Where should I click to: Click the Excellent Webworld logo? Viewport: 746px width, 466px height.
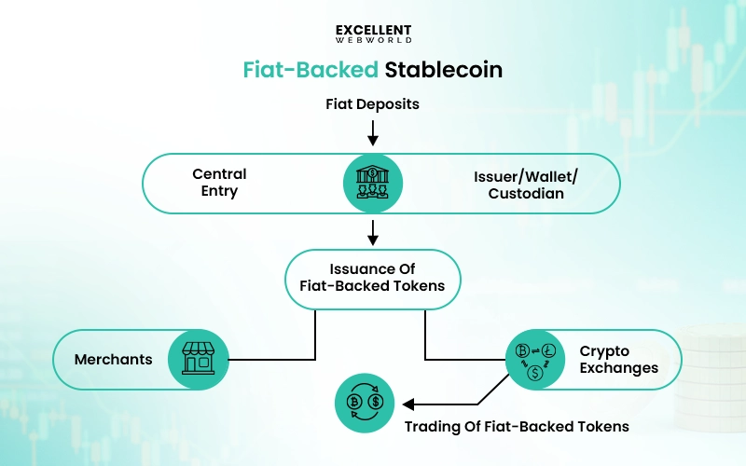373,34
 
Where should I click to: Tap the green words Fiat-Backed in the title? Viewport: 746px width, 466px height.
305,70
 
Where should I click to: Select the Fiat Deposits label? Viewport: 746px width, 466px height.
373,104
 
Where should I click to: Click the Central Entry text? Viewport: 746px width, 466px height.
219,183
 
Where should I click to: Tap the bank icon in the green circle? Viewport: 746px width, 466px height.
373,183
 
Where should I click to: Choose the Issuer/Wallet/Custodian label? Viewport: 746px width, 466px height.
525,183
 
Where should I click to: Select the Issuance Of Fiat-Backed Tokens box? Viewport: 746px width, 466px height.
373,279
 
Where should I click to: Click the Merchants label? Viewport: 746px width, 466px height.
113,359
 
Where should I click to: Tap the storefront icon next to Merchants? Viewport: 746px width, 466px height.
198,359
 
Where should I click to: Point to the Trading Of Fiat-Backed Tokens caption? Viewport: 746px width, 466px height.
516,427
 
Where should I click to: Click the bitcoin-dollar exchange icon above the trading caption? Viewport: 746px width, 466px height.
365,404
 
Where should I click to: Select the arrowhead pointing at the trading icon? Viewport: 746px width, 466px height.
407,404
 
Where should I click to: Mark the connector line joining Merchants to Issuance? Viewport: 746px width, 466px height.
314,336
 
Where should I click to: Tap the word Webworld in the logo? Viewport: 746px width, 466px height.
373,41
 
